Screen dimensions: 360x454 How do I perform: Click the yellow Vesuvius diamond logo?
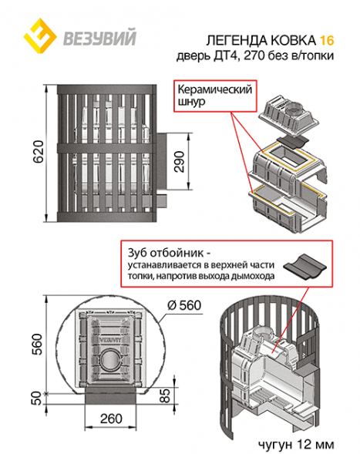(40, 35)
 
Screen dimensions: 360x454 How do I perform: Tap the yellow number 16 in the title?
(327, 41)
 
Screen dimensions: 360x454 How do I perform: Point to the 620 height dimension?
(39, 151)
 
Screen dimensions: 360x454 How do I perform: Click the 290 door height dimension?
(180, 162)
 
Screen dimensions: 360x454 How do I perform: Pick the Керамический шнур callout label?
(214, 96)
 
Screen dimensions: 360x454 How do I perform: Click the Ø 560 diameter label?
(184, 305)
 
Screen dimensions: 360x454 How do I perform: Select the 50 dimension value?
(36, 399)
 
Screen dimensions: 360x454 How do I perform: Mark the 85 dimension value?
(165, 395)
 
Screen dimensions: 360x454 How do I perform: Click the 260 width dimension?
(111, 419)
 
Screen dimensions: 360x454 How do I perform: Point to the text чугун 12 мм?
(296, 444)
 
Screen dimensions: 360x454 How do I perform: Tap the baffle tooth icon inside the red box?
(304, 267)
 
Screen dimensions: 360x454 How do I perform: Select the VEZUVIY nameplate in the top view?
(111, 339)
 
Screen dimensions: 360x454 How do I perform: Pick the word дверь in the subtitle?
(193, 55)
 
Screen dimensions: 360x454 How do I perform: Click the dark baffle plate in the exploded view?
(292, 142)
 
